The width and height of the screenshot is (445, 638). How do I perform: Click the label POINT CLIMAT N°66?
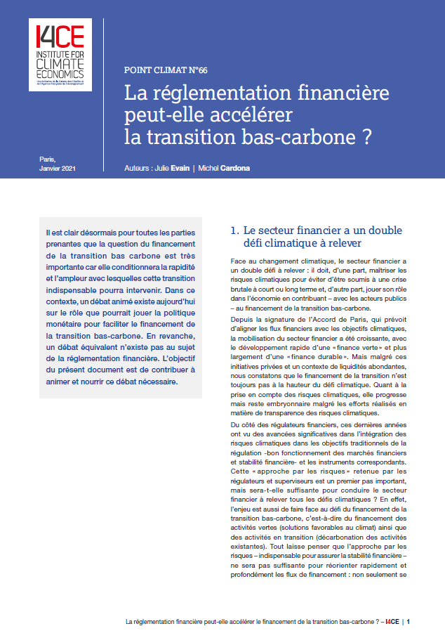(166, 70)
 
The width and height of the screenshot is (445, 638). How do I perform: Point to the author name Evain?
(180, 169)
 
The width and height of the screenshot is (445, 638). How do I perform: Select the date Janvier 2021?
(58, 169)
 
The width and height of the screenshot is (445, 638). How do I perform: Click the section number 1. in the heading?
(236, 230)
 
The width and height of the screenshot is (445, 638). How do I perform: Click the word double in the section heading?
(400, 230)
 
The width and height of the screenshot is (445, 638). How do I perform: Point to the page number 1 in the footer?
(408, 621)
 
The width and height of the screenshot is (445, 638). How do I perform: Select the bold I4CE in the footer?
(392, 621)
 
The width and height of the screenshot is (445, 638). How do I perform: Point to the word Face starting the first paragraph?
(239, 261)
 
